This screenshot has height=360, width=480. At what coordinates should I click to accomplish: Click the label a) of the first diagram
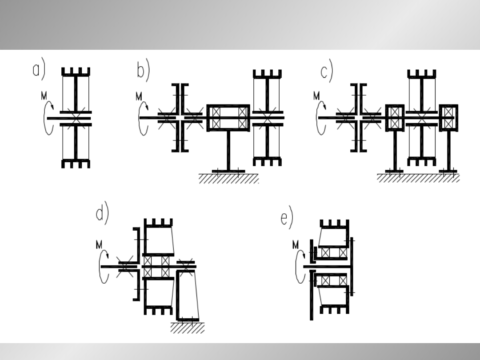[x=39, y=69]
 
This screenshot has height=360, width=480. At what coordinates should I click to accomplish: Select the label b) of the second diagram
[x=143, y=69]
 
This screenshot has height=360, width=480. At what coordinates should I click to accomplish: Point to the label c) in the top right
[x=327, y=71]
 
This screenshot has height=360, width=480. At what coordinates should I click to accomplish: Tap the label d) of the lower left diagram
[x=102, y=213]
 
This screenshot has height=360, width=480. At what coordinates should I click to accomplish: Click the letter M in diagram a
[x=44, y=96]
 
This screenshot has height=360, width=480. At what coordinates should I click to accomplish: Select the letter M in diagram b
[x=139, y=97]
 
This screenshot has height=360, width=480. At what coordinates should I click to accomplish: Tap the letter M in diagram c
[x=316, y=96]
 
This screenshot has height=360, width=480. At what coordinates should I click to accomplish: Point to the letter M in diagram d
[x=99, y=245]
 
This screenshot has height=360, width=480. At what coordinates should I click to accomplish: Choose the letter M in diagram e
[x=296, y=245]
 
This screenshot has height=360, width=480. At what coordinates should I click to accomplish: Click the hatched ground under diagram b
[x=229, y=179]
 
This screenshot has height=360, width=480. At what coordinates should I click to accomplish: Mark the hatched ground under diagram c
[x=418, y=178]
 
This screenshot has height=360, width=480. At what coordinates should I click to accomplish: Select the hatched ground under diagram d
[x=188, y=327]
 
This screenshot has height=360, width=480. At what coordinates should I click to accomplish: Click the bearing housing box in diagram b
[x=228, y=118]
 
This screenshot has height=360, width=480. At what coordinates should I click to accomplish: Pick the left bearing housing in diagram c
[x=395, y=118]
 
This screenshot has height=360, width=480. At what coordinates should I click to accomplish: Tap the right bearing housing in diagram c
[x=449, y=118]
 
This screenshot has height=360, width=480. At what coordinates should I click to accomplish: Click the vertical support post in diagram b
[x=228, y=150]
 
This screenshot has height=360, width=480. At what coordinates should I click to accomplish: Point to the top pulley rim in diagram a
[x=76, y=72]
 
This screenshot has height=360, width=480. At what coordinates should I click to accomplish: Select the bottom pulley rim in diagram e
[x=335, y=309]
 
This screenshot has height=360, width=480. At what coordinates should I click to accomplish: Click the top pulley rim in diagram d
[x=158, y=223]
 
